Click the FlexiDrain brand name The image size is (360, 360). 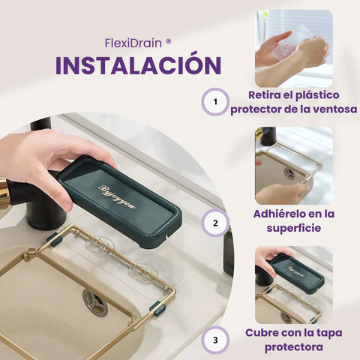tap(133, 43)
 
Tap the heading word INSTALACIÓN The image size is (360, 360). tap(139, 64)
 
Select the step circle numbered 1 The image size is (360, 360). tap(215, 102)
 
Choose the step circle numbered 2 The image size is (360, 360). tap(215, 223)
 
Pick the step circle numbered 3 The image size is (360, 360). tap(215, 340)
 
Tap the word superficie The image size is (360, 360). tap(294, 228)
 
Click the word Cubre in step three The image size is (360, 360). tap(262, 333)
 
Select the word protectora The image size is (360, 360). tap(294, 347)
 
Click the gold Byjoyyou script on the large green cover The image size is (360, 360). tap(117, 196)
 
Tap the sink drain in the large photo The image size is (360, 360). tap(95, 302)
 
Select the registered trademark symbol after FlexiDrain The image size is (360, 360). tap(168, 42)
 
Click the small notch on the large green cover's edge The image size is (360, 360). tap(167, 235)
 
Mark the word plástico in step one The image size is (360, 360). tap(317, 95)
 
